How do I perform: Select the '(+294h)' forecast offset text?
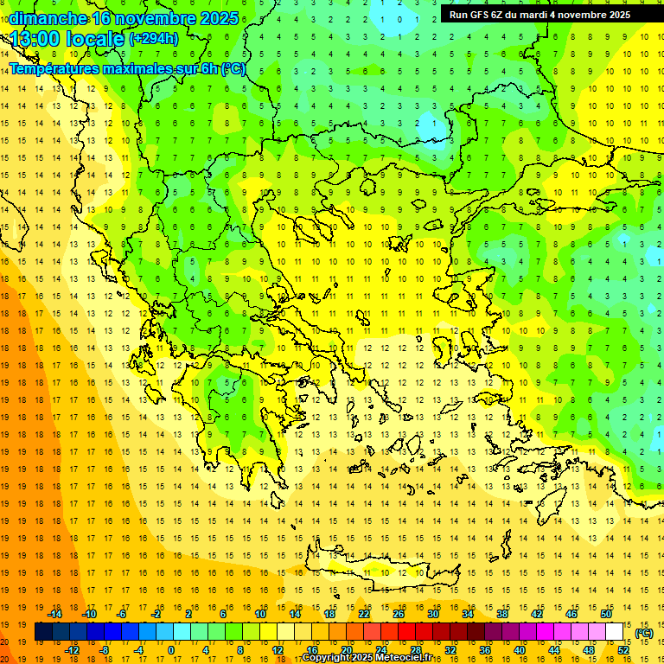coord(154,38)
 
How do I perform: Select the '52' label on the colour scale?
coord(623,649)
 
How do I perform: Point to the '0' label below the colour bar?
coord(171,649)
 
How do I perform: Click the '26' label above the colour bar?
coord(399,614)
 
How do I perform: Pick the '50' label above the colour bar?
coord(606,614)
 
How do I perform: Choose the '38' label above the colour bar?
coord(502,614)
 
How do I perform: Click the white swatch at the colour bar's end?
coord(615,632)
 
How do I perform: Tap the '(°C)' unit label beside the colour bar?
coord(642,632)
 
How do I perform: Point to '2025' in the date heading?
coord(214,18)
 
